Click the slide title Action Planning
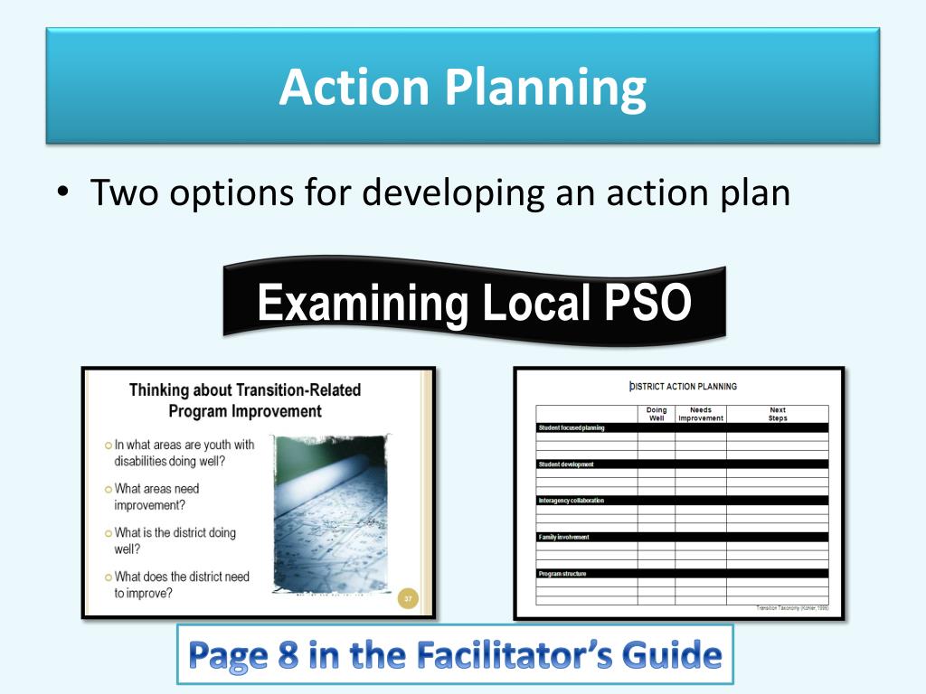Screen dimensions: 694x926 pyautogui.click(x=462, y=88)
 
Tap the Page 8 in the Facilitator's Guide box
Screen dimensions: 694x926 pyautogui.click(x=455, y=654)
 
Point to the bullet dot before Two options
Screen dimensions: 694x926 pyautogui.click(x=61, y=192)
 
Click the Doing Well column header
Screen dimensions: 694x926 pyautogui.click(x=657, y=414)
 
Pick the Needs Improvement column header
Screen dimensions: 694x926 pyautogui.click(x=701, y=414)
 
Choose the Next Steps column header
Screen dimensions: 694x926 pyautogui.click(x=777, y=414)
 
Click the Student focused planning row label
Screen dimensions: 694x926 pyautogui.click(x=571, y=427)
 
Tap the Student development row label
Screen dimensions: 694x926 pyautogui.click(x=566, y=464)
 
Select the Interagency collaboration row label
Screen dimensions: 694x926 pyautogui.click(x=571, y=500)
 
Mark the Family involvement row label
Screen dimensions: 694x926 pyautogui.click(x=563, y=537)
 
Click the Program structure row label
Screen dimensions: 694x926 pyautogui.click(x=562, y=573)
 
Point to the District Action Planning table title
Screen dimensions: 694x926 pyautogui.click(x=683, y=387)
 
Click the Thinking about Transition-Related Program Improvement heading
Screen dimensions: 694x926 pyautogui.click(x=245, y=400)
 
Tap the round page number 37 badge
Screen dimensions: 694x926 pyautogui.click(x=408, y=598)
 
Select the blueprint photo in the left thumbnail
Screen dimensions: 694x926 pyautogui.click(x=331, y=515)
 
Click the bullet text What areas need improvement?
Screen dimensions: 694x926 pyautogui.click(x=156, y=497)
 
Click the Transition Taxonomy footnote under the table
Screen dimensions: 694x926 pyautogui.click(x=792, y=608)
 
